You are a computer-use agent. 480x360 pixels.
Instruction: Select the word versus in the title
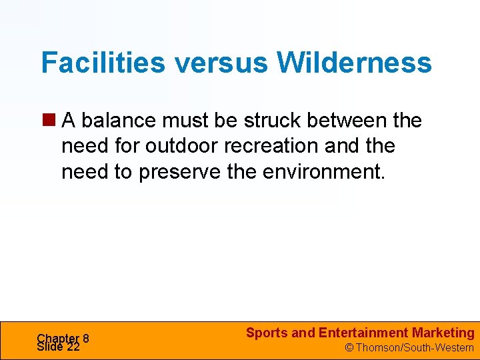click(x=219, y=63)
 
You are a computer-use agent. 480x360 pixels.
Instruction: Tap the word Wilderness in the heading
click(x=354, y=63)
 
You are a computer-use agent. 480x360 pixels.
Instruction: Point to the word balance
click(x=115, y=121)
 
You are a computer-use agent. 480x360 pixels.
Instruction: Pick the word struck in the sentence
click(x=274, y=121)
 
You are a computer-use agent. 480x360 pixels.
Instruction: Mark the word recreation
click(x=272, y=146)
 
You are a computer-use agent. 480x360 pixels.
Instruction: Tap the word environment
click(x=323, y=171)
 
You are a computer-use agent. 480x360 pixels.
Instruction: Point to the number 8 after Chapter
click(x=86, y=338)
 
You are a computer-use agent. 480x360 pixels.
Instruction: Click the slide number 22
click(x=73, y=347)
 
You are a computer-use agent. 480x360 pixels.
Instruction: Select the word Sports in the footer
click(x=267, y=333)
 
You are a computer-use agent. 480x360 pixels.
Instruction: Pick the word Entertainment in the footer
click(x=363, y=333)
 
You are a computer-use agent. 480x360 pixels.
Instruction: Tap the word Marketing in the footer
click(x=443, y=333)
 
